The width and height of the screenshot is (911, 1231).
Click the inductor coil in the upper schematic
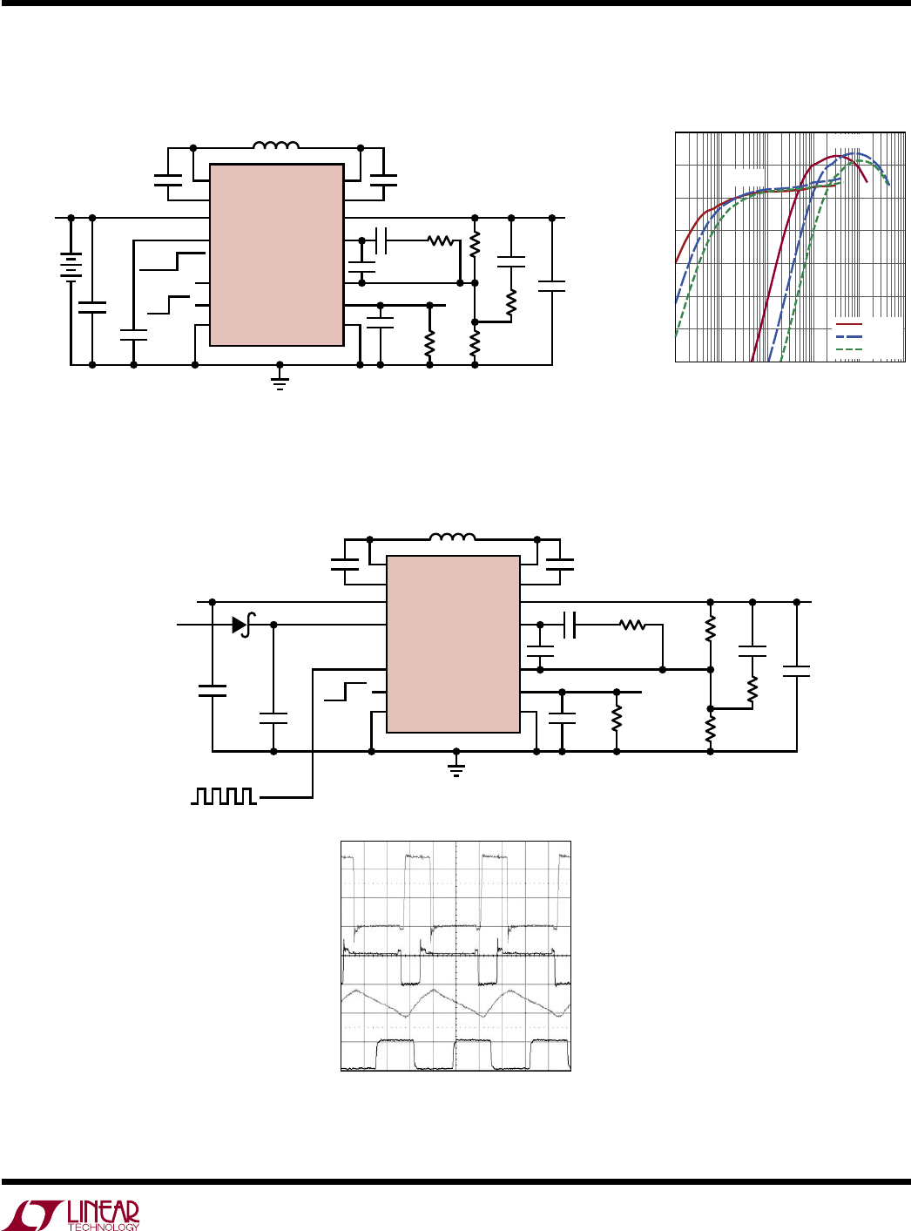click(276, 145)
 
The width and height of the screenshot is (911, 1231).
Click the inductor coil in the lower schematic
click(452, 537)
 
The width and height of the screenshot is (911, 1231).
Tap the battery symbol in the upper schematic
click(71, 267)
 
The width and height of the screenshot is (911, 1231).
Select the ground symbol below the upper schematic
click(280, 382)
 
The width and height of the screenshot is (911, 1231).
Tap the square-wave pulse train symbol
click(224, 796)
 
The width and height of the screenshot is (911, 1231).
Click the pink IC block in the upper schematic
click(276, 254)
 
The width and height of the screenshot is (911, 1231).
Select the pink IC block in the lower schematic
click(453, 644)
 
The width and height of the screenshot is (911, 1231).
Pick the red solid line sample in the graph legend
click(849, 323)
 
